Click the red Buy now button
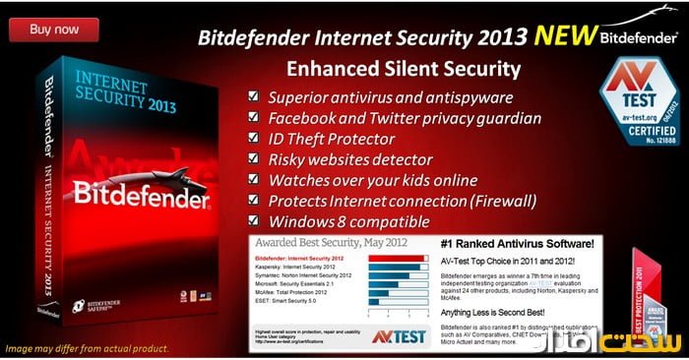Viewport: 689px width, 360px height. click(54, 29)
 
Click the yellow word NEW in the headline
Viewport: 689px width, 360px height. click(562, 38)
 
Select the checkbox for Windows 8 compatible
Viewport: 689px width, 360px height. click(254, 222)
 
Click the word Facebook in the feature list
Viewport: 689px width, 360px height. click(309, 117)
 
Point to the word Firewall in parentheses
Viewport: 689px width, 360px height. click(499, 202)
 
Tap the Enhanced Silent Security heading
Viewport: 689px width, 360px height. click(402, 69)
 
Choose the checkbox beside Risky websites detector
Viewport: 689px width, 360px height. click(254, 159)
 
